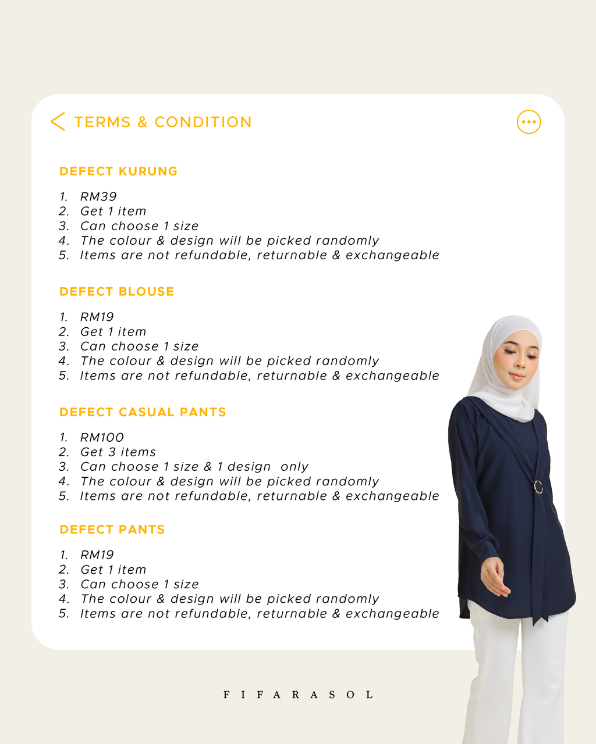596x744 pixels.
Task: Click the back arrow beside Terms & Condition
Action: coord(58,121)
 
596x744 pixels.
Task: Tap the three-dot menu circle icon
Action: coord(528,122)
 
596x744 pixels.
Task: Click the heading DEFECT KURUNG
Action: coord(118,171)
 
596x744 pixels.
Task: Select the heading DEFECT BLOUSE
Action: coord(116,292)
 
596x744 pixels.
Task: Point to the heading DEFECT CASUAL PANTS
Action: coord(143,412)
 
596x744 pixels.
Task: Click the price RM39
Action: coord(98,196)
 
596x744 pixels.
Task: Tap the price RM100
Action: coord(102,438)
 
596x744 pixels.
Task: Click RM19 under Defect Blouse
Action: coord(97,317)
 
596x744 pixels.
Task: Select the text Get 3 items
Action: coord(118,452)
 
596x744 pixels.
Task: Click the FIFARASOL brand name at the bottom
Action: coord(298,695)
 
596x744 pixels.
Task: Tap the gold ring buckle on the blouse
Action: coord(538,487)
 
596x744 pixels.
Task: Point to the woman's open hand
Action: coord(495,577)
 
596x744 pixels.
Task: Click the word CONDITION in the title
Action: coord(203,122)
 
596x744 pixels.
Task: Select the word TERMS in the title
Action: coord(102,122)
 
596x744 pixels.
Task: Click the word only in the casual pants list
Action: coord(294,467)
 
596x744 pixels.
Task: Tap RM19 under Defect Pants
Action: coord(97,555)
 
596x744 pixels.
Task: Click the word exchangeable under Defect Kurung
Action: coord(392,255)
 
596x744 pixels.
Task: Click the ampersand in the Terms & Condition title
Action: coord(143,122)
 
